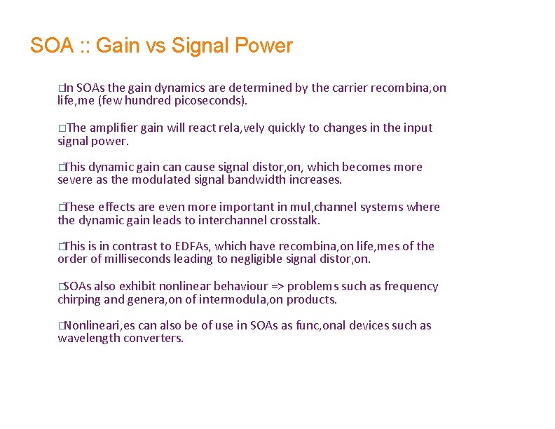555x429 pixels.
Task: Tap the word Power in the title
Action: pyautogui.click(x=263, y=46)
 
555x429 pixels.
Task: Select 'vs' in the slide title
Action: pyautogui.click(x=151, y=46)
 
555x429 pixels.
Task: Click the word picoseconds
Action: pyautogui.click(x=210, y=101)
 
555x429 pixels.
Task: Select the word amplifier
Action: pyautogui.click(x=114, y=128)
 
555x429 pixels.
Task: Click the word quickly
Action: pyautogui.click(x=277, y=128)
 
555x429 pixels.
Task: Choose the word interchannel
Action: pyautogui.click(x=230, y=220)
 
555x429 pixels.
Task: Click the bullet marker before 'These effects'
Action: pyautogui.click(x=61, y=207)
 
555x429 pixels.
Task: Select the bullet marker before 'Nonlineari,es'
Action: pyautogui.click(x=61, y=326)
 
